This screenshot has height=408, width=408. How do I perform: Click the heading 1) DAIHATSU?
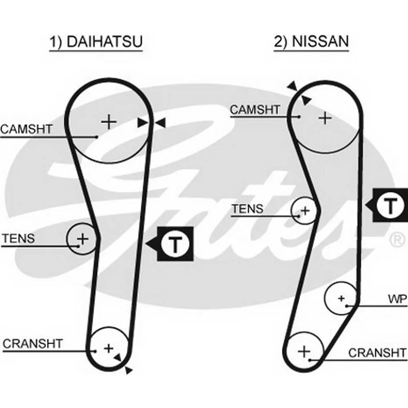click(96, 42)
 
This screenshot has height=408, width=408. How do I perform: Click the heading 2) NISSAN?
click(311, 41)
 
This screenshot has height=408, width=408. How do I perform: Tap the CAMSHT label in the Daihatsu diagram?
click(27, 129)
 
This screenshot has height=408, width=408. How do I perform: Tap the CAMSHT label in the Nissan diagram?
click(255, 109)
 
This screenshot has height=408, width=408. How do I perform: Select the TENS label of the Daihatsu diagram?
click(18, 238)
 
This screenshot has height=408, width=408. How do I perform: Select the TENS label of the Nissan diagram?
click(248, 209)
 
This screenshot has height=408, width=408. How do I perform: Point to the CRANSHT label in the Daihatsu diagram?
click(33, 344)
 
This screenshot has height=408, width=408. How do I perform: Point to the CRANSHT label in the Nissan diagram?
click(377, 353)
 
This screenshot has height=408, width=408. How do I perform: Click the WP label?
click(397, 299)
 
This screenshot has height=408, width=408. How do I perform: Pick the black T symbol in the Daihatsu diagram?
click(175, 244)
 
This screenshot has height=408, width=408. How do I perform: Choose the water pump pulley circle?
click(341, 298)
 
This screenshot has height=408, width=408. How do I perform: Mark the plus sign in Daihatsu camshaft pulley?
click(109, 122)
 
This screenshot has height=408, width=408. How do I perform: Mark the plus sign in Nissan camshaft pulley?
click(325, 118)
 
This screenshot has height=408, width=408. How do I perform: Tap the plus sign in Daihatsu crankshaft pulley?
click(108, 348)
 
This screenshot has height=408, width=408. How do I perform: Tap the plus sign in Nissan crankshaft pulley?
click(304, 351)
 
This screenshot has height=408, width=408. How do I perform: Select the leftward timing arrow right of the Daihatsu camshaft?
click(161, 122)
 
